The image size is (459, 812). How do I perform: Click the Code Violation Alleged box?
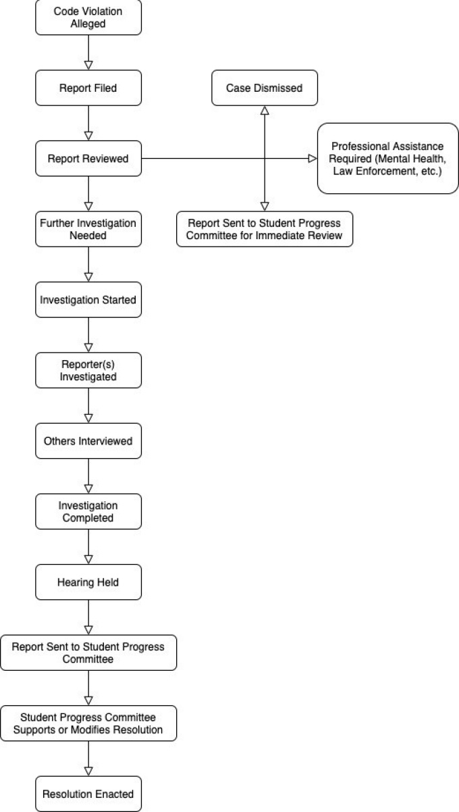(88, 18)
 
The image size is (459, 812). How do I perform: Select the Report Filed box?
(88, 88)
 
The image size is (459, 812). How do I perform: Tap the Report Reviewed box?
(88, 159)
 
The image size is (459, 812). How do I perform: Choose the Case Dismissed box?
(265, 88)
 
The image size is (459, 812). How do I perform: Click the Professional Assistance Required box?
(387, 158)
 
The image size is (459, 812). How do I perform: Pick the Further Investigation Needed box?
(88, 229)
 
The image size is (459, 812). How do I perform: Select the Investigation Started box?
(88, 299)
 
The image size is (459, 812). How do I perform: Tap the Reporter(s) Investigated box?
(88, 370)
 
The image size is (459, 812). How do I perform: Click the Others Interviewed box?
(88, 440)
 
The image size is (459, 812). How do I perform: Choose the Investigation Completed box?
(88, 511)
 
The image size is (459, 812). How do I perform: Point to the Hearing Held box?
(88, 582)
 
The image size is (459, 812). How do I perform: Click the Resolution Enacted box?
(88, 794)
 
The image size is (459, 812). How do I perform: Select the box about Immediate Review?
(265, 229)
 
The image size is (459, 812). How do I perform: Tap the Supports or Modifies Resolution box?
(88, 724)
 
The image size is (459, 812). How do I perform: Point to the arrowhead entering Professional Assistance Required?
(313, 159)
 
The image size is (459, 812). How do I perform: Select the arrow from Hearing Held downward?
(88, 617)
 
